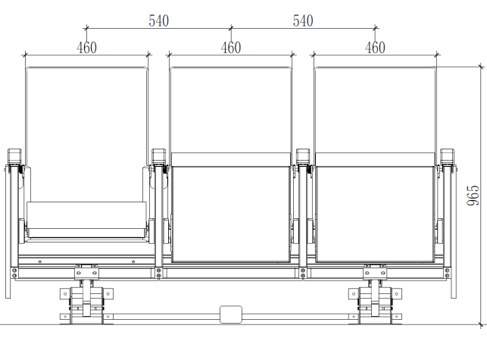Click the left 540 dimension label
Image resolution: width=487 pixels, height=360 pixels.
tap(159, 20)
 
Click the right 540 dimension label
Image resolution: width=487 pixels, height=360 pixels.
tap(303, 20)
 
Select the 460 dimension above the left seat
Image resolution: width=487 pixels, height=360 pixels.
tap(86, 48)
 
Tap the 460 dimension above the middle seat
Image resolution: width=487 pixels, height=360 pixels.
tap(231, 48)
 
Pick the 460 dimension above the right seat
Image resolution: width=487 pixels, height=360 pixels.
tap(375, 48)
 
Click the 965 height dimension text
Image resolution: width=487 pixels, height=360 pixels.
tap(473, 196)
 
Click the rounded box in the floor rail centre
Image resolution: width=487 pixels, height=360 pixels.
tap(231, 315)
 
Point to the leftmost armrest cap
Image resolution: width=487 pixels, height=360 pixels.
tap(14, 156)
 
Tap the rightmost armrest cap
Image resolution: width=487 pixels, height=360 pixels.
tap(448, 156)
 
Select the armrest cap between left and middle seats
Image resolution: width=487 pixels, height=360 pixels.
tap(159, 156)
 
